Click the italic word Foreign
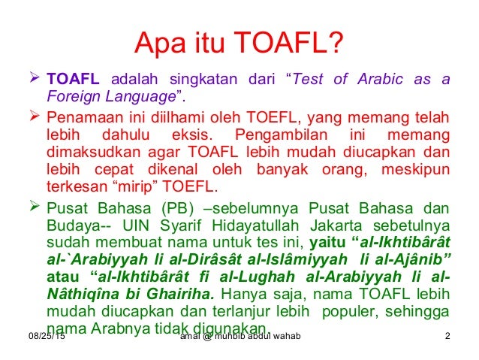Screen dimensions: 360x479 click(x=71, y=95)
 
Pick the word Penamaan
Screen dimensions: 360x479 click(x=80, y=117)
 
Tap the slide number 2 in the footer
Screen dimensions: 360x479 click(x=447, y=335)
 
